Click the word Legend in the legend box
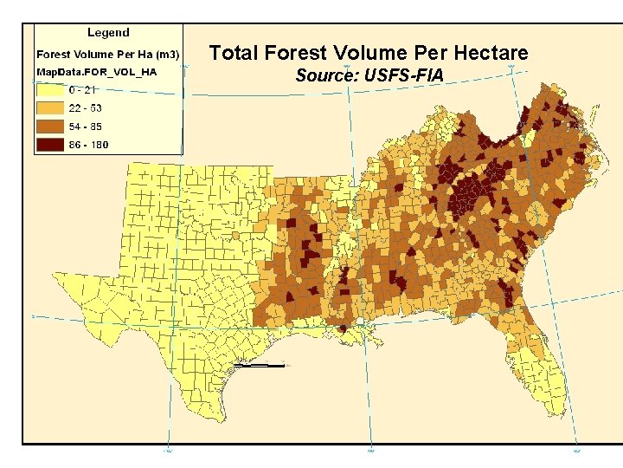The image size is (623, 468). click(108, 33)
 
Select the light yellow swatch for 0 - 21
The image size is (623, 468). click(51, 89)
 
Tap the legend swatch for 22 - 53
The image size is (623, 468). click(51, 107)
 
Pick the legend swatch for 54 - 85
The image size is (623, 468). click(51, 127)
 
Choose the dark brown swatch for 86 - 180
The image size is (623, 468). click(51, 145)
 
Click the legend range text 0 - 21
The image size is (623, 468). click(85, 89)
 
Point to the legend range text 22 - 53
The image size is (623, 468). click(87, 107)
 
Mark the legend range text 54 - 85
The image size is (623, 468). click(87, 127)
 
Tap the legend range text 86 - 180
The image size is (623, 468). click(89, 145)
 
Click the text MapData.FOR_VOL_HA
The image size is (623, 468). click(95, 71)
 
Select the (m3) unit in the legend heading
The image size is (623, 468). click(167, 54)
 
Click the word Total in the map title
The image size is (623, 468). click(234, 53)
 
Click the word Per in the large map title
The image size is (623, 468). click(432, 53)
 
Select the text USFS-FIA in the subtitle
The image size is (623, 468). click(407, 76)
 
